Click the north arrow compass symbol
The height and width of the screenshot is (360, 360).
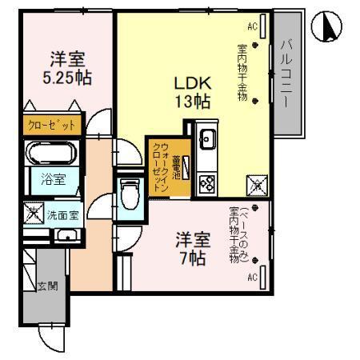331,29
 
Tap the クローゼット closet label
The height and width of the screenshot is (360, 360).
51,126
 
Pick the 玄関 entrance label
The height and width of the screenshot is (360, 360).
48,286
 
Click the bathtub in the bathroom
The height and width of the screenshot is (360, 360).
51,153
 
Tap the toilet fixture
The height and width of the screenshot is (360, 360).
128,193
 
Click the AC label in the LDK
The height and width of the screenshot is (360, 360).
252,26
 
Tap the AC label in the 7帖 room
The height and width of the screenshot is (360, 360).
252,278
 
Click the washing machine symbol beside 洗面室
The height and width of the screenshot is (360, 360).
33,214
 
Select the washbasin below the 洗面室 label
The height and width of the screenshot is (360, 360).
68,234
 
